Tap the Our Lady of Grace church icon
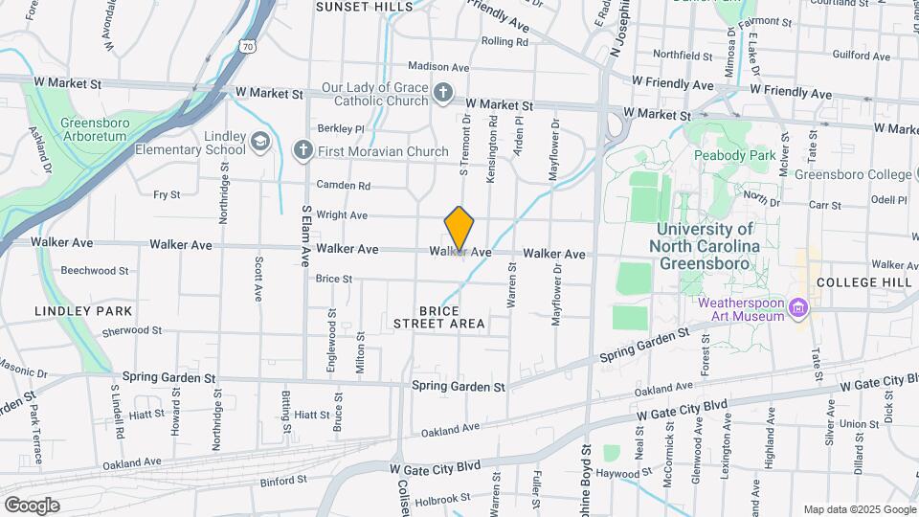[442, 93]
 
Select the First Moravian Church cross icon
[303, 149]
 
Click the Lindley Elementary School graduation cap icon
[259, 143]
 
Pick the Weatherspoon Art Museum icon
[799, 309]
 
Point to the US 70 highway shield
[248, 45]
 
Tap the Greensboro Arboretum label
[93, 130]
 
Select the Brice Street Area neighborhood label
[439, 318]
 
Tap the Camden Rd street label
[344, 185]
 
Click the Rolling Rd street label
[504, 42]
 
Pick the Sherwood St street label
[131, 330]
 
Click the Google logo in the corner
[32, 505]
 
